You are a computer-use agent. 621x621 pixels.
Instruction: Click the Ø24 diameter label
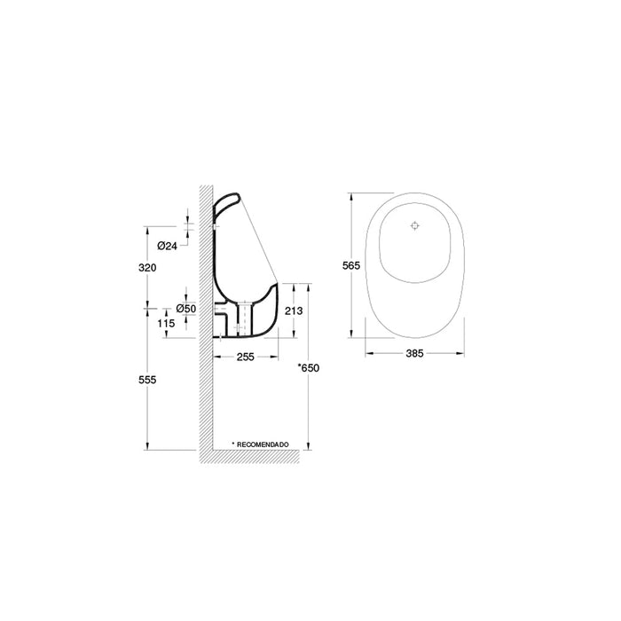168,245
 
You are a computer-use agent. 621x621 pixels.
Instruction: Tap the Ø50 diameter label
185,308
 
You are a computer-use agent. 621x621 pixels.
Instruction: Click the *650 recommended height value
307,368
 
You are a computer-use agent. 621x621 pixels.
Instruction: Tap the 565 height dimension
351,264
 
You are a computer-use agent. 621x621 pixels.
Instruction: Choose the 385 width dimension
413,353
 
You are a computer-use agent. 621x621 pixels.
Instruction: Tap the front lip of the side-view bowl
277,287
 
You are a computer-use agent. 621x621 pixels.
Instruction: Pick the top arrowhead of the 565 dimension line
351,193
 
